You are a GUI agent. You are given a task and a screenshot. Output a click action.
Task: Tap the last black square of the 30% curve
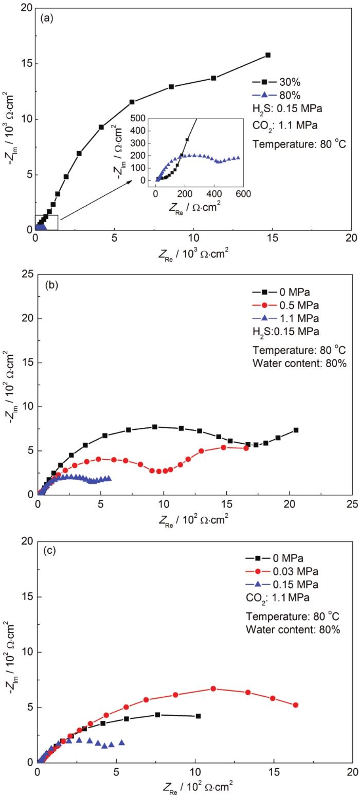click(x=268, y=55)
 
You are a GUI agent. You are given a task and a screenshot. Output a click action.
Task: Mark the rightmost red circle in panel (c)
click(x=296, y=705)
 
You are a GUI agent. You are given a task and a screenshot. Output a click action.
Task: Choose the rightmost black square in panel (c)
click(x=199, y=716)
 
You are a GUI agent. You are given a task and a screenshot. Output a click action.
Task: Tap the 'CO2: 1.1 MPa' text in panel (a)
click(x=281, y=123)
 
